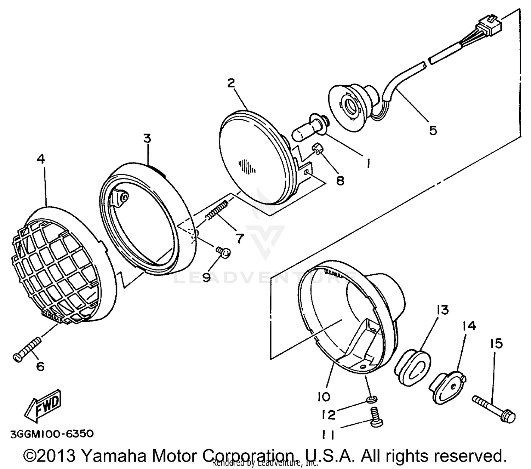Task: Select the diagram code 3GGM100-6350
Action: pyautogui.click(x=52, y=434)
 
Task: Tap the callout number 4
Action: pyautogui.click(x=41, y=159)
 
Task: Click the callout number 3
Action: pyautogui.click(x=147, y=138)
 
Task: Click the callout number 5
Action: pyautogui.click(x=433, y=130)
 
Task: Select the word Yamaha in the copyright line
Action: pyautogui.click(x=117, y=456)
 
